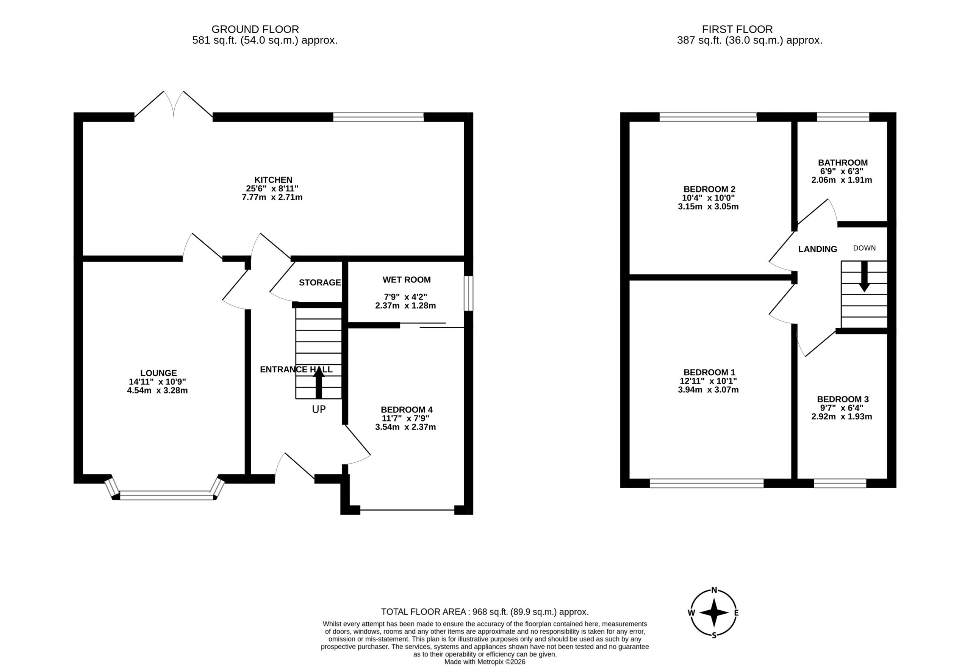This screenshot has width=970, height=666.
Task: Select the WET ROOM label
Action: [x=407, y=280]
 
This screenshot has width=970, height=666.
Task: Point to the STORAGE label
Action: [x=320, y=283]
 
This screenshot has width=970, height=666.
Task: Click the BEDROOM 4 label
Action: [x=407, y=410]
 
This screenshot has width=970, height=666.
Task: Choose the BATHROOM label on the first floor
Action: [x=843, y=163]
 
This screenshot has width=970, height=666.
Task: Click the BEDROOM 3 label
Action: [x=842, y=399]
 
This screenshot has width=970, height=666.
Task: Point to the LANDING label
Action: [x=818, y=249]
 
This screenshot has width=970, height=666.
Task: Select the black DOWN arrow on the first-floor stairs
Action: [x=864, y=276]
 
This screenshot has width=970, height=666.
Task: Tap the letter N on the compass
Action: [x=714, y=590]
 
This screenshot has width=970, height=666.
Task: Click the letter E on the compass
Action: [x=736, y=613]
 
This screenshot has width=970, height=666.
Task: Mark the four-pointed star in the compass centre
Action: [x=714, y=613]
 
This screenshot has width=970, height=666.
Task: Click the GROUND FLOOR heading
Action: [x=255, y=29]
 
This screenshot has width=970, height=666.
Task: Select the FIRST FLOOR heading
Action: [x=737, y=29]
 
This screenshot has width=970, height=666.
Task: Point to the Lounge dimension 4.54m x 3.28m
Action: [x=157, y=391]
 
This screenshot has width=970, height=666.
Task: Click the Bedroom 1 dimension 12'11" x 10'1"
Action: [x=708, y=381]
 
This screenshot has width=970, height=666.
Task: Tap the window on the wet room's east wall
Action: [x=469, y=293]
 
